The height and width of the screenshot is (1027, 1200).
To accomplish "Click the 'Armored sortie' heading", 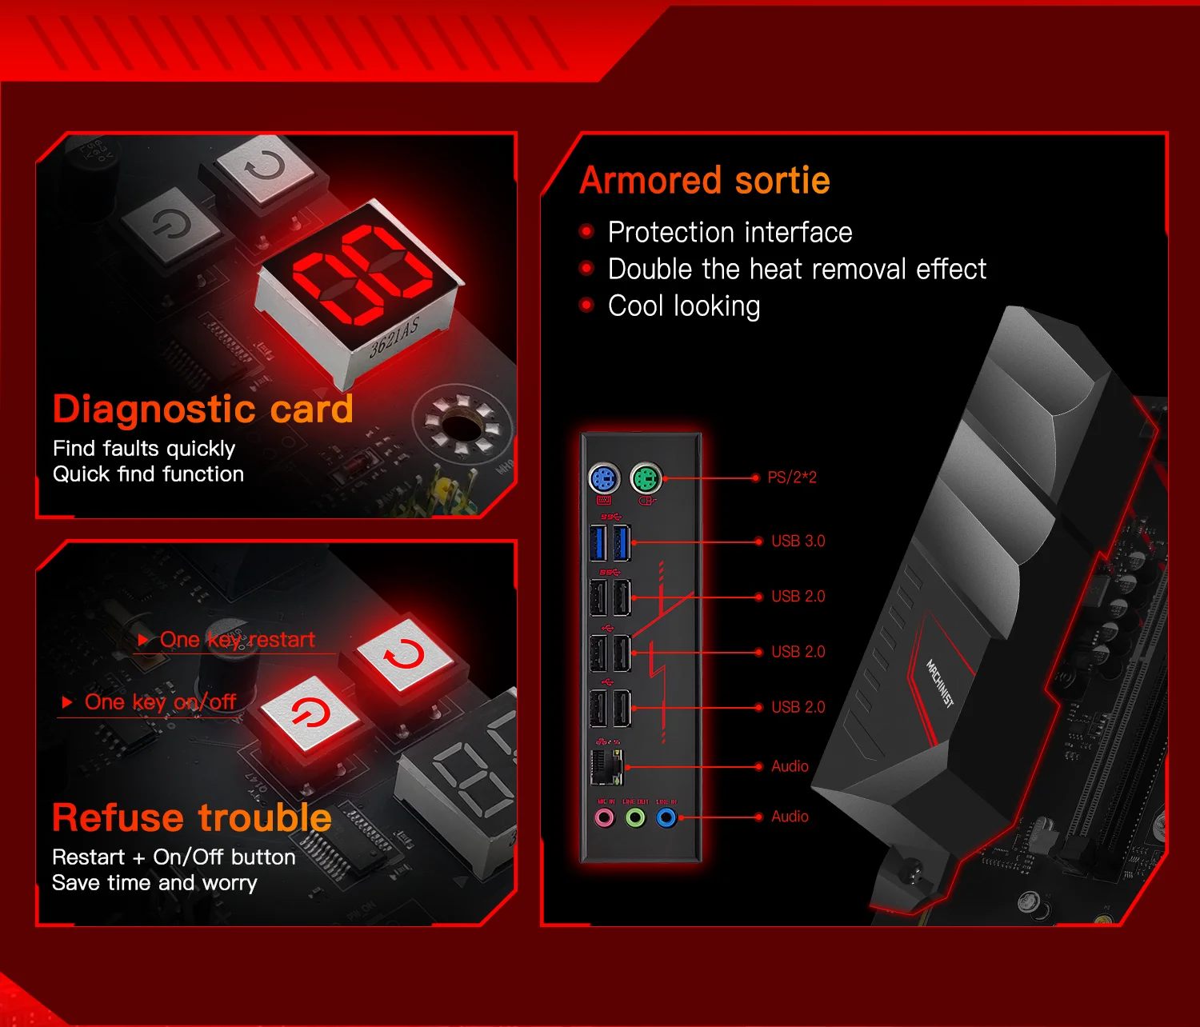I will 705,180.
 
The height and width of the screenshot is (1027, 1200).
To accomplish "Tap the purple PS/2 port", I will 604,479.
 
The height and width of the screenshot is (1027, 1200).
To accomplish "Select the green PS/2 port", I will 646,479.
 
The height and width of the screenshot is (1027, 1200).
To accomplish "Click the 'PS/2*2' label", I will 792,478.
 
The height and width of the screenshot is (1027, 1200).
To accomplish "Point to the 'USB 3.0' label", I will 798,541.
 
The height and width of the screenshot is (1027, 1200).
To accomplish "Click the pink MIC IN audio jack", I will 605,817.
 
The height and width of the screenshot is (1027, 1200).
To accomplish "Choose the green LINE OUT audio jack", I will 635,817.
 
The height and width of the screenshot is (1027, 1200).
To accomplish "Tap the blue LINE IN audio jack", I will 666,817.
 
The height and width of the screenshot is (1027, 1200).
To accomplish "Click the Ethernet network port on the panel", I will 606,768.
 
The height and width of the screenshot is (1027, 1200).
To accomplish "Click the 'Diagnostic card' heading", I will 202,409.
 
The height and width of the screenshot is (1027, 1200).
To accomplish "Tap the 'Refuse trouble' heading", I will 192,817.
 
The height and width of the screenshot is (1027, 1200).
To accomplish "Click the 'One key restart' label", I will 237,640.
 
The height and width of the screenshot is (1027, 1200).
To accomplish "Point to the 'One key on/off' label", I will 160,702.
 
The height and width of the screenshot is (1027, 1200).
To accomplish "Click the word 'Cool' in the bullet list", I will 638,306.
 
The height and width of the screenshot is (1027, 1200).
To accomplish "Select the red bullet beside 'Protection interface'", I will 586,232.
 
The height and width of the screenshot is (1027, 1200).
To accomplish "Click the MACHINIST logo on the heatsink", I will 939,683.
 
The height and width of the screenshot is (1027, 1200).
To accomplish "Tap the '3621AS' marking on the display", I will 394,337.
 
